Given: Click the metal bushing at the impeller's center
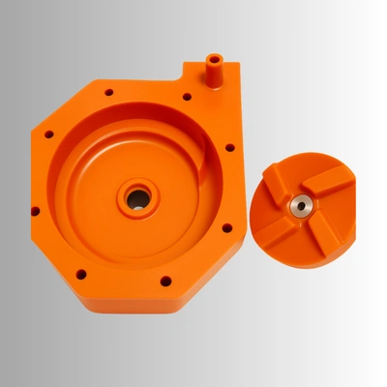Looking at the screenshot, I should click(299, 204).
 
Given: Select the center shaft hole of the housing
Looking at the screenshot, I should click(137, 199).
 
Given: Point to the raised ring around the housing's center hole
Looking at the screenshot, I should click(137, 186).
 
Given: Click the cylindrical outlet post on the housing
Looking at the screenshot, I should click(213, 73).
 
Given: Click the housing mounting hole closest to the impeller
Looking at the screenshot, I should click(226, 228).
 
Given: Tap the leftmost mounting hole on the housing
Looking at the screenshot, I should click(35, 211).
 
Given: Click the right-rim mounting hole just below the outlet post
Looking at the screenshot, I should click(229, 148).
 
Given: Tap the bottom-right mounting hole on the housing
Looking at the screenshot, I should click(165, 282).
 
